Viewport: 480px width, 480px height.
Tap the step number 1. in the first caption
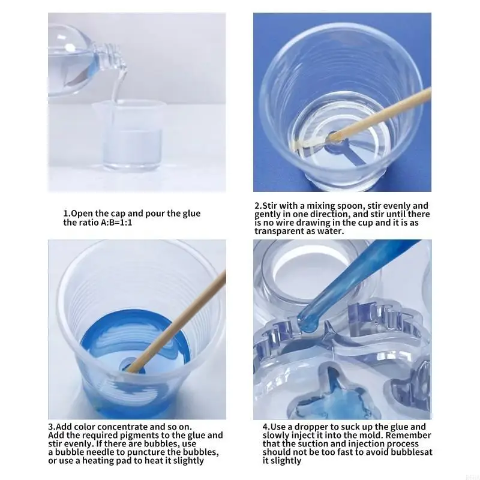tap(67, 214)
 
